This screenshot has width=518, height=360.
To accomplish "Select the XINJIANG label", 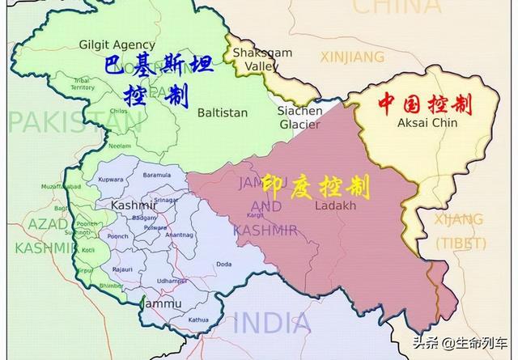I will click(352, 57).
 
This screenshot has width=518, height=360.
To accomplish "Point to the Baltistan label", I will click(222, 112).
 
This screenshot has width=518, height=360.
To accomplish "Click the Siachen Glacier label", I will click(299, 116).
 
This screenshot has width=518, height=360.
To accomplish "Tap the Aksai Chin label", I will click(427, 122).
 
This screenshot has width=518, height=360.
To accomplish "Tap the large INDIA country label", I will click(268, 323).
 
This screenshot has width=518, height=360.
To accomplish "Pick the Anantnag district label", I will click(178, 235).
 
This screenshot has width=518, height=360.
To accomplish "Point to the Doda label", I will click(224, 264).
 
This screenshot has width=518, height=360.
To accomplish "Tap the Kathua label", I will click(197, 320).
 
